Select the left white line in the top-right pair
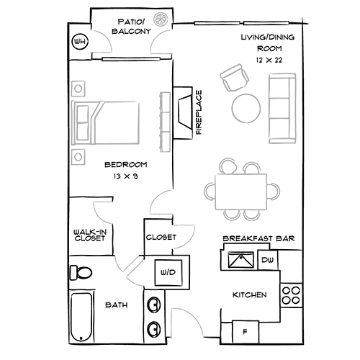coord(216,24)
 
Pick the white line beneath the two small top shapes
coord(131,60)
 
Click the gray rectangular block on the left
coord(119,119)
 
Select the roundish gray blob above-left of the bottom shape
coord(125,272)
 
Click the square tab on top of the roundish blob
coord(131,255)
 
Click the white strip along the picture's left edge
coord(33,180)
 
